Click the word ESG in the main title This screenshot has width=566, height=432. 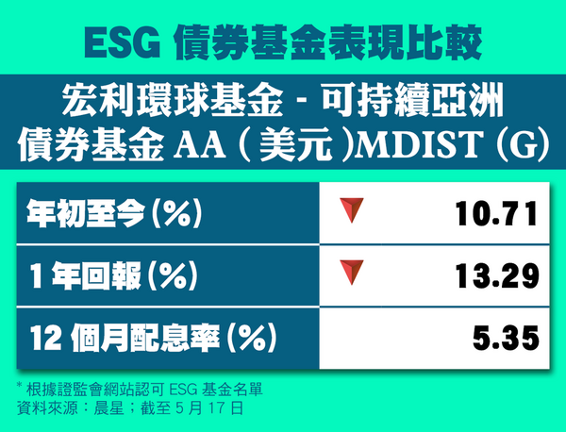pyautogui.click(x=123, y=43)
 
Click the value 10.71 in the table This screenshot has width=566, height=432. pyautogui.click(x=497, y=214)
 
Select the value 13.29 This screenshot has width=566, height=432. pyautogui.click(x=497, y=276)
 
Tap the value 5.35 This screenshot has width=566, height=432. pyautogui.click(x=506, y=339)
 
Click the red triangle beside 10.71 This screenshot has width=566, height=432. pyautogui.click(x=352, y=209)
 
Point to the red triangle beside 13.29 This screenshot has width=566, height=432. pyautogui.click(x=352, y=272)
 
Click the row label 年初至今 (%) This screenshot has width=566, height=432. pyautogui.click(x=114, y=214)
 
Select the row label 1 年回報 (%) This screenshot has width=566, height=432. pyautogui.click(x=114, y=276)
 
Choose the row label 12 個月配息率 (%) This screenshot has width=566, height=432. pyautogui.click(x=154, y=339)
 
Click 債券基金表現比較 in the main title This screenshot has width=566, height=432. pyautogui.click(x=328, y=43)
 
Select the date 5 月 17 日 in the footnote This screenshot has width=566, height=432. pyautogui.click(x=209, y=409)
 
